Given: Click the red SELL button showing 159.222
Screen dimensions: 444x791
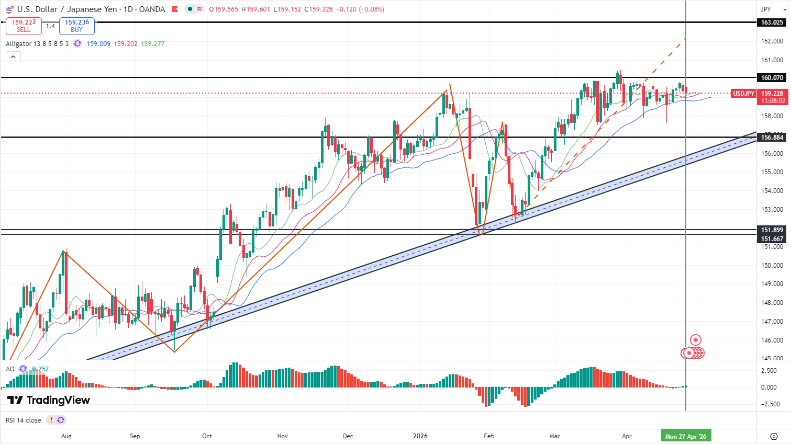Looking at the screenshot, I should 24,26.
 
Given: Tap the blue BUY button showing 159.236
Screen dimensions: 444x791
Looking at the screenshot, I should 77,26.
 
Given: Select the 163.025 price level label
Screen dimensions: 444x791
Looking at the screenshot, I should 772,22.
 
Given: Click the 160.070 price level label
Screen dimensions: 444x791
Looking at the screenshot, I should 772,78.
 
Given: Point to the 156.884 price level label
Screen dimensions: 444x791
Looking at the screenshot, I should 772,138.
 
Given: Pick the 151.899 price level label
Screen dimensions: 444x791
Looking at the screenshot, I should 772,230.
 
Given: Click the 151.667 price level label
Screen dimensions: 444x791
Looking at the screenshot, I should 772,239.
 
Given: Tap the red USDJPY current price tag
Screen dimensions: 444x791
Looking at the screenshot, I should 743,94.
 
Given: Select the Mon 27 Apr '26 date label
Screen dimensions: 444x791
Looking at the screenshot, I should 685,436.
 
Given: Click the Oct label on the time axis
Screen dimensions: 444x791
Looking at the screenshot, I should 207,436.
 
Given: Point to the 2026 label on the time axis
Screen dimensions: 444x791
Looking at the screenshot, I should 420,436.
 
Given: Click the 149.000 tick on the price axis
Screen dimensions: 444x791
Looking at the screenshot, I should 772,284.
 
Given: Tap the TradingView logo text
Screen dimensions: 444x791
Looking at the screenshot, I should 49,400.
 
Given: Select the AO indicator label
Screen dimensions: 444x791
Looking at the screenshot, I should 10,369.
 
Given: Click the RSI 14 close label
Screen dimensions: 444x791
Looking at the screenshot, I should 23,420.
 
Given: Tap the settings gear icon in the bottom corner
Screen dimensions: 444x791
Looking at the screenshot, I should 774,436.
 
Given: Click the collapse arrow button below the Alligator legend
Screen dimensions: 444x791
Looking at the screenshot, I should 14,57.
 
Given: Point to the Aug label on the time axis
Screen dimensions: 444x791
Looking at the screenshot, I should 66,436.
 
